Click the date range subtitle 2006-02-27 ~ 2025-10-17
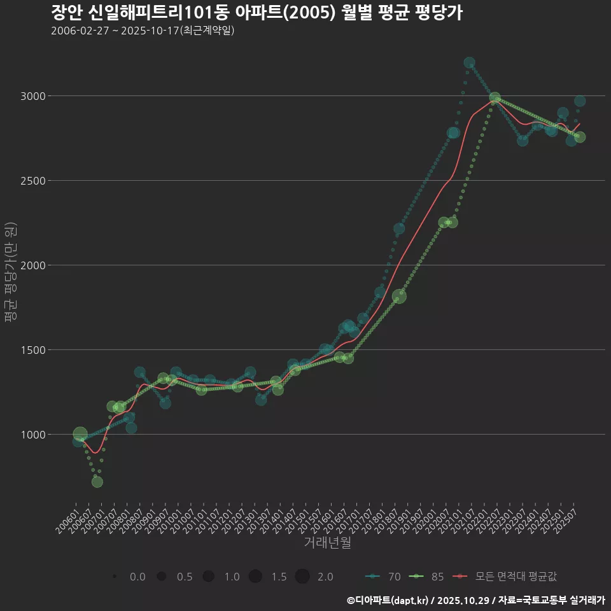pos(143,31)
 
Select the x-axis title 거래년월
pos(327,543)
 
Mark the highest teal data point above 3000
pos(469,63)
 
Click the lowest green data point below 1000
pos(97,482)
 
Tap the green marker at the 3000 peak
pos(495,99)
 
